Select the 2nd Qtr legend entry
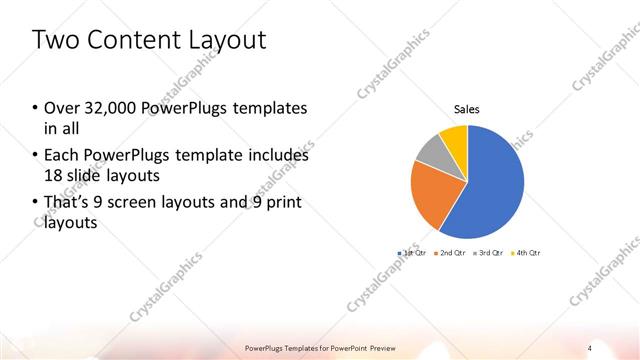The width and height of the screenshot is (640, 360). click(x=450, y=253)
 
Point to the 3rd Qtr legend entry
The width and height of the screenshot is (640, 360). click(x=487, y=253)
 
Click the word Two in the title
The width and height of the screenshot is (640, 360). click(x=54, y=41)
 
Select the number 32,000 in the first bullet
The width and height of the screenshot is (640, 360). click(x=108, y=108)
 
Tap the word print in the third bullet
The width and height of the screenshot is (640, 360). click(x=282, y=203)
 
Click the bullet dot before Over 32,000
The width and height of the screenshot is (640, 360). click(x=35, y=108)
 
